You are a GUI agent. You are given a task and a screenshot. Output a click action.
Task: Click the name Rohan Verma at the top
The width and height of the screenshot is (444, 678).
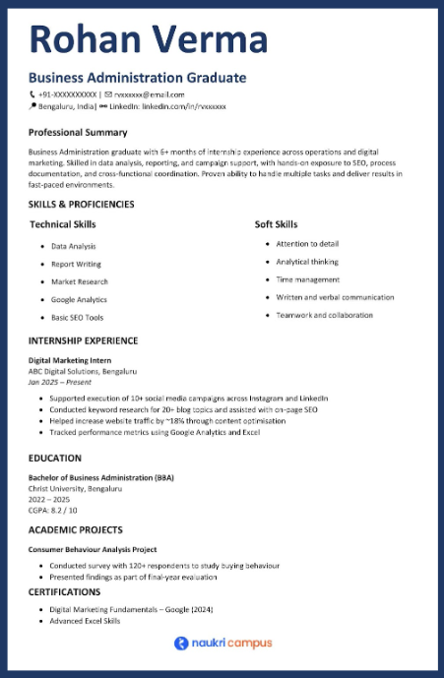tap(149, 40)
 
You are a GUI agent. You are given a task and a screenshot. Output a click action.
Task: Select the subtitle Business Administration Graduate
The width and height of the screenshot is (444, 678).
tap(137, 78)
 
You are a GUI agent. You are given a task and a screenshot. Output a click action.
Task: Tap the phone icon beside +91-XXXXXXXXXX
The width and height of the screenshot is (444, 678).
tap(32, 93)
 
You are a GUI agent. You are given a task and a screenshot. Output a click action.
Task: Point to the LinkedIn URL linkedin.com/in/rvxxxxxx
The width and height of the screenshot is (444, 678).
tap(184, 105)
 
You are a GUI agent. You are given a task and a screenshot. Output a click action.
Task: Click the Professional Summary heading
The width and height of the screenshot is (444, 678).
tap(78, 132)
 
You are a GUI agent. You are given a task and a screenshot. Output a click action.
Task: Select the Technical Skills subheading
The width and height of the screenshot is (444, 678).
tap(63, 224)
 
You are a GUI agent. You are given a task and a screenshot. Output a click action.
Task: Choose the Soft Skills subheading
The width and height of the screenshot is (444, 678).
tap(278, 224)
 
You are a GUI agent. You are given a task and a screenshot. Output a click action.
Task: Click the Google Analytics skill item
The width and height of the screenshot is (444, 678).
tap(79, 299)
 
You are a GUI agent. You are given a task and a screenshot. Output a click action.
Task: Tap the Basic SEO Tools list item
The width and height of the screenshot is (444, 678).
tap(77, 318)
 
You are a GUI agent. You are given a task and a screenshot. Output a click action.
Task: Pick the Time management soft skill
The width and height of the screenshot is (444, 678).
tap(308, 279)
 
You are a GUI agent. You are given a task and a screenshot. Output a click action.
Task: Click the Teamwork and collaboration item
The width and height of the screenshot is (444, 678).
tap(324, 315)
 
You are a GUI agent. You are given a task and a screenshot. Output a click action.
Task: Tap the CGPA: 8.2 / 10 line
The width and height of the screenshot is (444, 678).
tap(52, 511)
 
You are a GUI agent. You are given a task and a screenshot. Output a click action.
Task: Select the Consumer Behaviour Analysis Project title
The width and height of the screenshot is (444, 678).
tap(93, 549)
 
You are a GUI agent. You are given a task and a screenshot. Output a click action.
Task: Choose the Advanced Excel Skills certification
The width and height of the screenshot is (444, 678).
tap(85, 621)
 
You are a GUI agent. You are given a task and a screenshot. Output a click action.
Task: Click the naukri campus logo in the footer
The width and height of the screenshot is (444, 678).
tap(222, 643)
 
